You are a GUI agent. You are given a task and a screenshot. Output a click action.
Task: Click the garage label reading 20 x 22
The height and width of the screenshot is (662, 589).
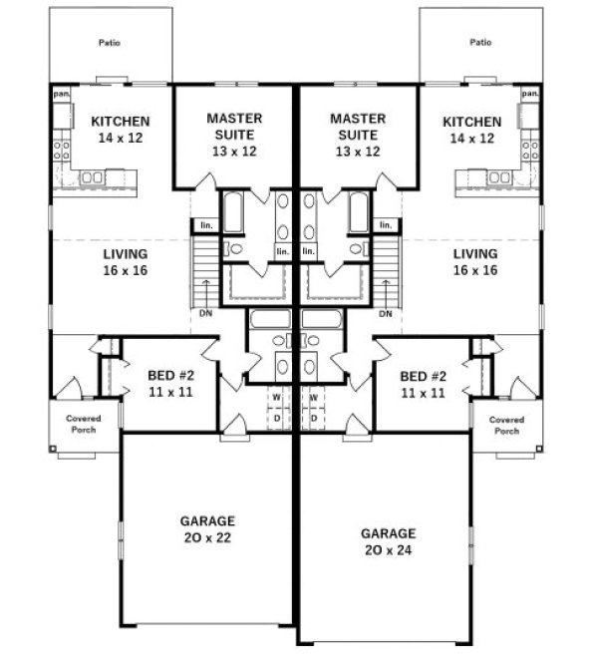tap(207, 527)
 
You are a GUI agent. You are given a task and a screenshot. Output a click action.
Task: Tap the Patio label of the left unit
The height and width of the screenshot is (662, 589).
tap(110, 43)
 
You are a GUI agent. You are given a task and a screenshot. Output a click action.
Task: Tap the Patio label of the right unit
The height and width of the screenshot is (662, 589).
tap(480, 43)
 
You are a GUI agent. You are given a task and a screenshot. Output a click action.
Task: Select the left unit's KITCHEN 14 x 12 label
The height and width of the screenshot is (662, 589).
tap(113, 129)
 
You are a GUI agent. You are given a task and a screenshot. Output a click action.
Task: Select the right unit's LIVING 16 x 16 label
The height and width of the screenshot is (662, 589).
tap(474, 262)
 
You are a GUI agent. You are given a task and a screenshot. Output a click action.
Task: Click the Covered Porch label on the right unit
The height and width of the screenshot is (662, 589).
tap(506, 426)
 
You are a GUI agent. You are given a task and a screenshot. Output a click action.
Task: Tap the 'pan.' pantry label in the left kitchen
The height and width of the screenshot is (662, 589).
tap(60, 94)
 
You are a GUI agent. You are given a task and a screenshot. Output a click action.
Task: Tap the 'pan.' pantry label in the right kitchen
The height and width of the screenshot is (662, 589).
tap(529, 94)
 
